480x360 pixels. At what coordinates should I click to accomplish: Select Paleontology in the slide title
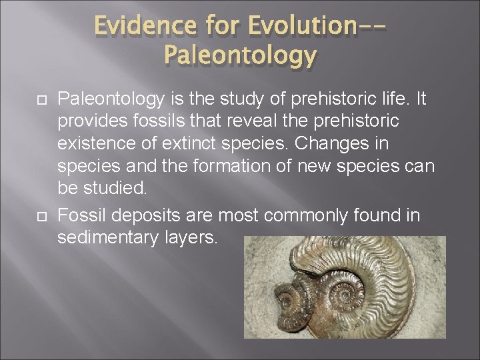click(x=239, y=56)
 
